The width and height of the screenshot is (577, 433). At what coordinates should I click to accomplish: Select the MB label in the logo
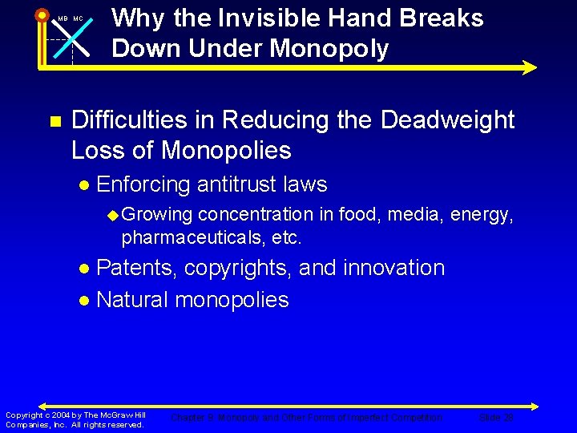(63, 18)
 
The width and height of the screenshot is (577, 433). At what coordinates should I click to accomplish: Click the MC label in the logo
(78, 18)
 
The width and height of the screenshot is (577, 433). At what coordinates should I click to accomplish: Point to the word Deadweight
(447, 120)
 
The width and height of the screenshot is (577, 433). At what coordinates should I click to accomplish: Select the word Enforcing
(143, 184)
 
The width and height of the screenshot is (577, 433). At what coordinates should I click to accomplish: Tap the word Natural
(132, 300)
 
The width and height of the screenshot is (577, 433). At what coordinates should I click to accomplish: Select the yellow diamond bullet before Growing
(113, 215)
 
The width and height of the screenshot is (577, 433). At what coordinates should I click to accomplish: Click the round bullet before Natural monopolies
(85, 301)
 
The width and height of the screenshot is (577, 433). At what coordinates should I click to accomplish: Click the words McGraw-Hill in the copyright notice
(119, 415)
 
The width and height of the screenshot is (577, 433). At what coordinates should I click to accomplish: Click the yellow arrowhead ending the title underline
(529, 68)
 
